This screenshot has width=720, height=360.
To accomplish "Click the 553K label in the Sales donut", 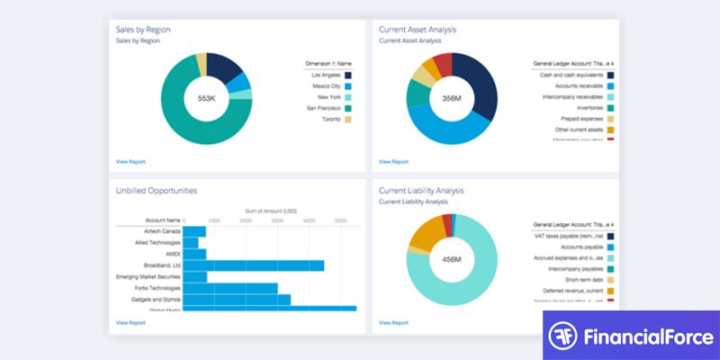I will [206, 97].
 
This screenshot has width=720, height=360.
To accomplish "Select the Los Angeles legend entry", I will [328, 75].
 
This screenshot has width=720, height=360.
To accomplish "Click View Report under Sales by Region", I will [130, 162].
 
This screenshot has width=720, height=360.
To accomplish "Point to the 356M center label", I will [452, 97].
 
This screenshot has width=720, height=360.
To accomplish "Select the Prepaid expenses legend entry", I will [581, 119].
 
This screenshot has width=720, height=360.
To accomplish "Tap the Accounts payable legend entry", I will [580, 246].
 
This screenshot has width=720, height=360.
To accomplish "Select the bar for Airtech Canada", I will [194, 231].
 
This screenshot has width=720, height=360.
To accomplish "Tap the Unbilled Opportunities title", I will [157, 191].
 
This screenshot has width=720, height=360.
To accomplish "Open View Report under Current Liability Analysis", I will [393, 322].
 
